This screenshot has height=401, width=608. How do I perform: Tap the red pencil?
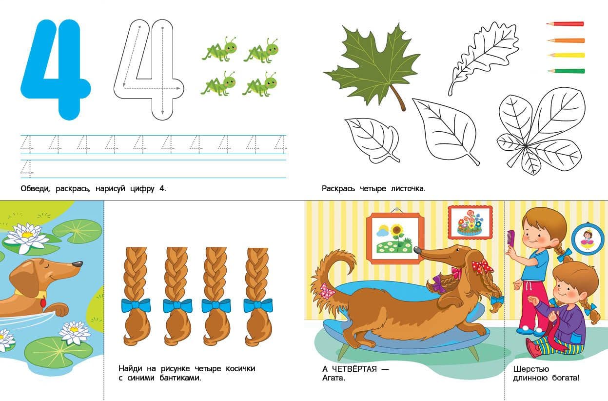pyautogui.click(x=565, y=24)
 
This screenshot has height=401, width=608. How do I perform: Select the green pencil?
pyautogui.click(x=566, y=71)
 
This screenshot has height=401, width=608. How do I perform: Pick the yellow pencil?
pyautogui.click(x=566, y=56)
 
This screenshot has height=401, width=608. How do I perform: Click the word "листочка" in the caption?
pyautogui.click(x=408, y=188)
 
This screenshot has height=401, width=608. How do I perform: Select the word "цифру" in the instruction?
pyautogui.click(x=142, y=189)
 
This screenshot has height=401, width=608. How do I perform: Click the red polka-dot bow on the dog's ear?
pyautogui.click(x=482, y=266)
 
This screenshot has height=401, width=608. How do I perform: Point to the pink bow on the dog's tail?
pyautogui.click(x=327, y=290)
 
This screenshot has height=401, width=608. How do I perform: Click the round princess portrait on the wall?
pyautogui.click(x=588, y=239)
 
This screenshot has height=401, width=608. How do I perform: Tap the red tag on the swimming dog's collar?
pyautogui.click(x=43, y=302)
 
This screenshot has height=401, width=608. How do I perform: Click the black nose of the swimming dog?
pyautogui.click(x=78, y=264)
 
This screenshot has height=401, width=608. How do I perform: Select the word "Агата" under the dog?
pyautogui.click(x=333, y=378)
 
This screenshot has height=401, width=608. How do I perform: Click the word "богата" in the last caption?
pyautogui.click(x=566, y=378)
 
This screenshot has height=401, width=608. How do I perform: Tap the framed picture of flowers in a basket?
pyautogui.click(x=470, y=222)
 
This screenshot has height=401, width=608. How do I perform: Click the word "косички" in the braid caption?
pyautogui.click(x=240, y=369)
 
